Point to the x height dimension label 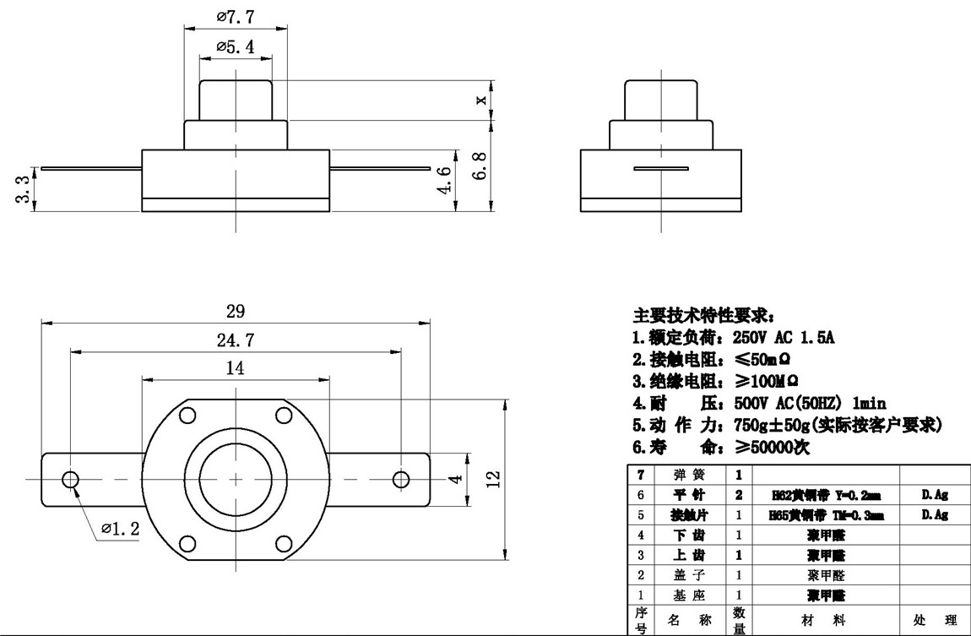pyautogui.click(x=481, y=100)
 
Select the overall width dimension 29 pyautogui.click(x=236, y=311)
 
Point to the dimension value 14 pyautogui.click(x=236, y=367)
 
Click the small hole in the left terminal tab pyautogui.click(x=70, y=479)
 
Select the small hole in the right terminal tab pyautogui.click(x=400, y=479)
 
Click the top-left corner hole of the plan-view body pyautogui.click(x=187, y=415)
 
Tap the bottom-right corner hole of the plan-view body pyautogui.click(x=283, y=542)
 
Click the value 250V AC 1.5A pyautogui.click(x=783, y=337)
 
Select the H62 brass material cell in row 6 pyautogui.click(x=822, y=495)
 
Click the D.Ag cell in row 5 pyautogui.click(x=935, y=514)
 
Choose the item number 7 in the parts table pyautogui.click(x=640, y=475)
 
